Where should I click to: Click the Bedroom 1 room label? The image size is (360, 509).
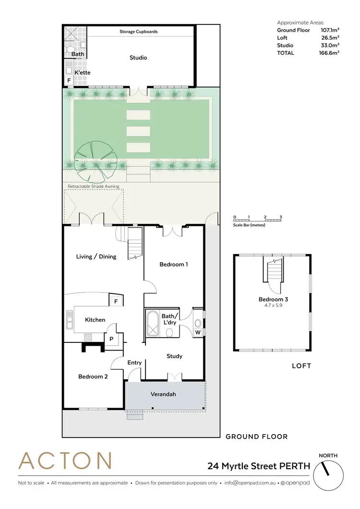(173, 264)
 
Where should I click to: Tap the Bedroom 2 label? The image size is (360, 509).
(93, 376)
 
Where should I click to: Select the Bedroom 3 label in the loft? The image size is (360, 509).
(273, 299)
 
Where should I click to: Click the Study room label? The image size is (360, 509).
(174, 356)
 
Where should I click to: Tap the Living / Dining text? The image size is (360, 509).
(96, 256)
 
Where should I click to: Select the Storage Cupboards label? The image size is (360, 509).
(138, 32)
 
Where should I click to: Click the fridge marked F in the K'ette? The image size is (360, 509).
(69, 81)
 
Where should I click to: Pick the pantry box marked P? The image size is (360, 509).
(111, 338)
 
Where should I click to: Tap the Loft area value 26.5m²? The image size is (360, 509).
(330, 37)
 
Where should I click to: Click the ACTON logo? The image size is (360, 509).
(65, 461)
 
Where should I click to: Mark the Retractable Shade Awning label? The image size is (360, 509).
(91, 186)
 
